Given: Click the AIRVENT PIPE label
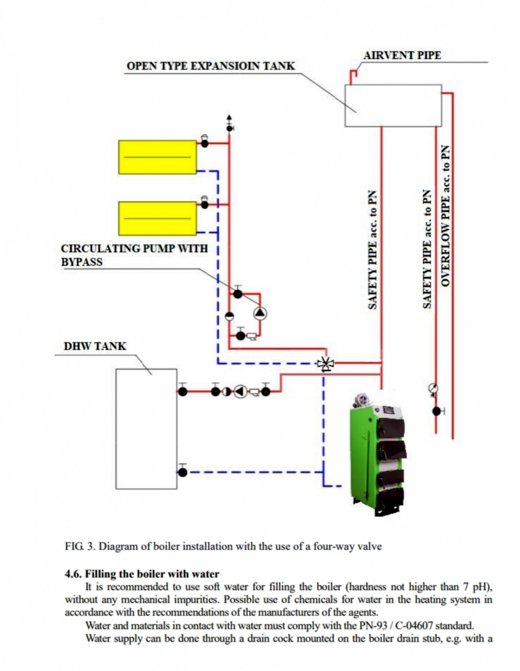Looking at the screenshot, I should pyautogui.click(x=401, y=55).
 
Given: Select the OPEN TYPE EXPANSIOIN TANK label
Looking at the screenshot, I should pyautogui.click(x=211, y=66).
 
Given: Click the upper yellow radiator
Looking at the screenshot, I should pyautogui.click(x=157, y=157).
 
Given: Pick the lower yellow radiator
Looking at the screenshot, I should pyautogui.click(x=157, y=218).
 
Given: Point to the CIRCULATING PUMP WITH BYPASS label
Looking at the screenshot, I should pyautogui.click(x=134, y=255).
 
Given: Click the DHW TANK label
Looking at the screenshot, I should pyautogui.click(x=95, y=346).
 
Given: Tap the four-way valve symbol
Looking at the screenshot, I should pyautogui.click(x=325, y=364).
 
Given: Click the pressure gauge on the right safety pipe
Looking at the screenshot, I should pyautogui.click(x=433, y=388).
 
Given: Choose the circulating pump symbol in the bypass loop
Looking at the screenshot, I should pyautogui.click(x=260, y=313).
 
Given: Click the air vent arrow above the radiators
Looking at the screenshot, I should pyautogui.click(x=229, y=120).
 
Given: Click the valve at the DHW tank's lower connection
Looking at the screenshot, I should pyautogui.click(x=183, y=472).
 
